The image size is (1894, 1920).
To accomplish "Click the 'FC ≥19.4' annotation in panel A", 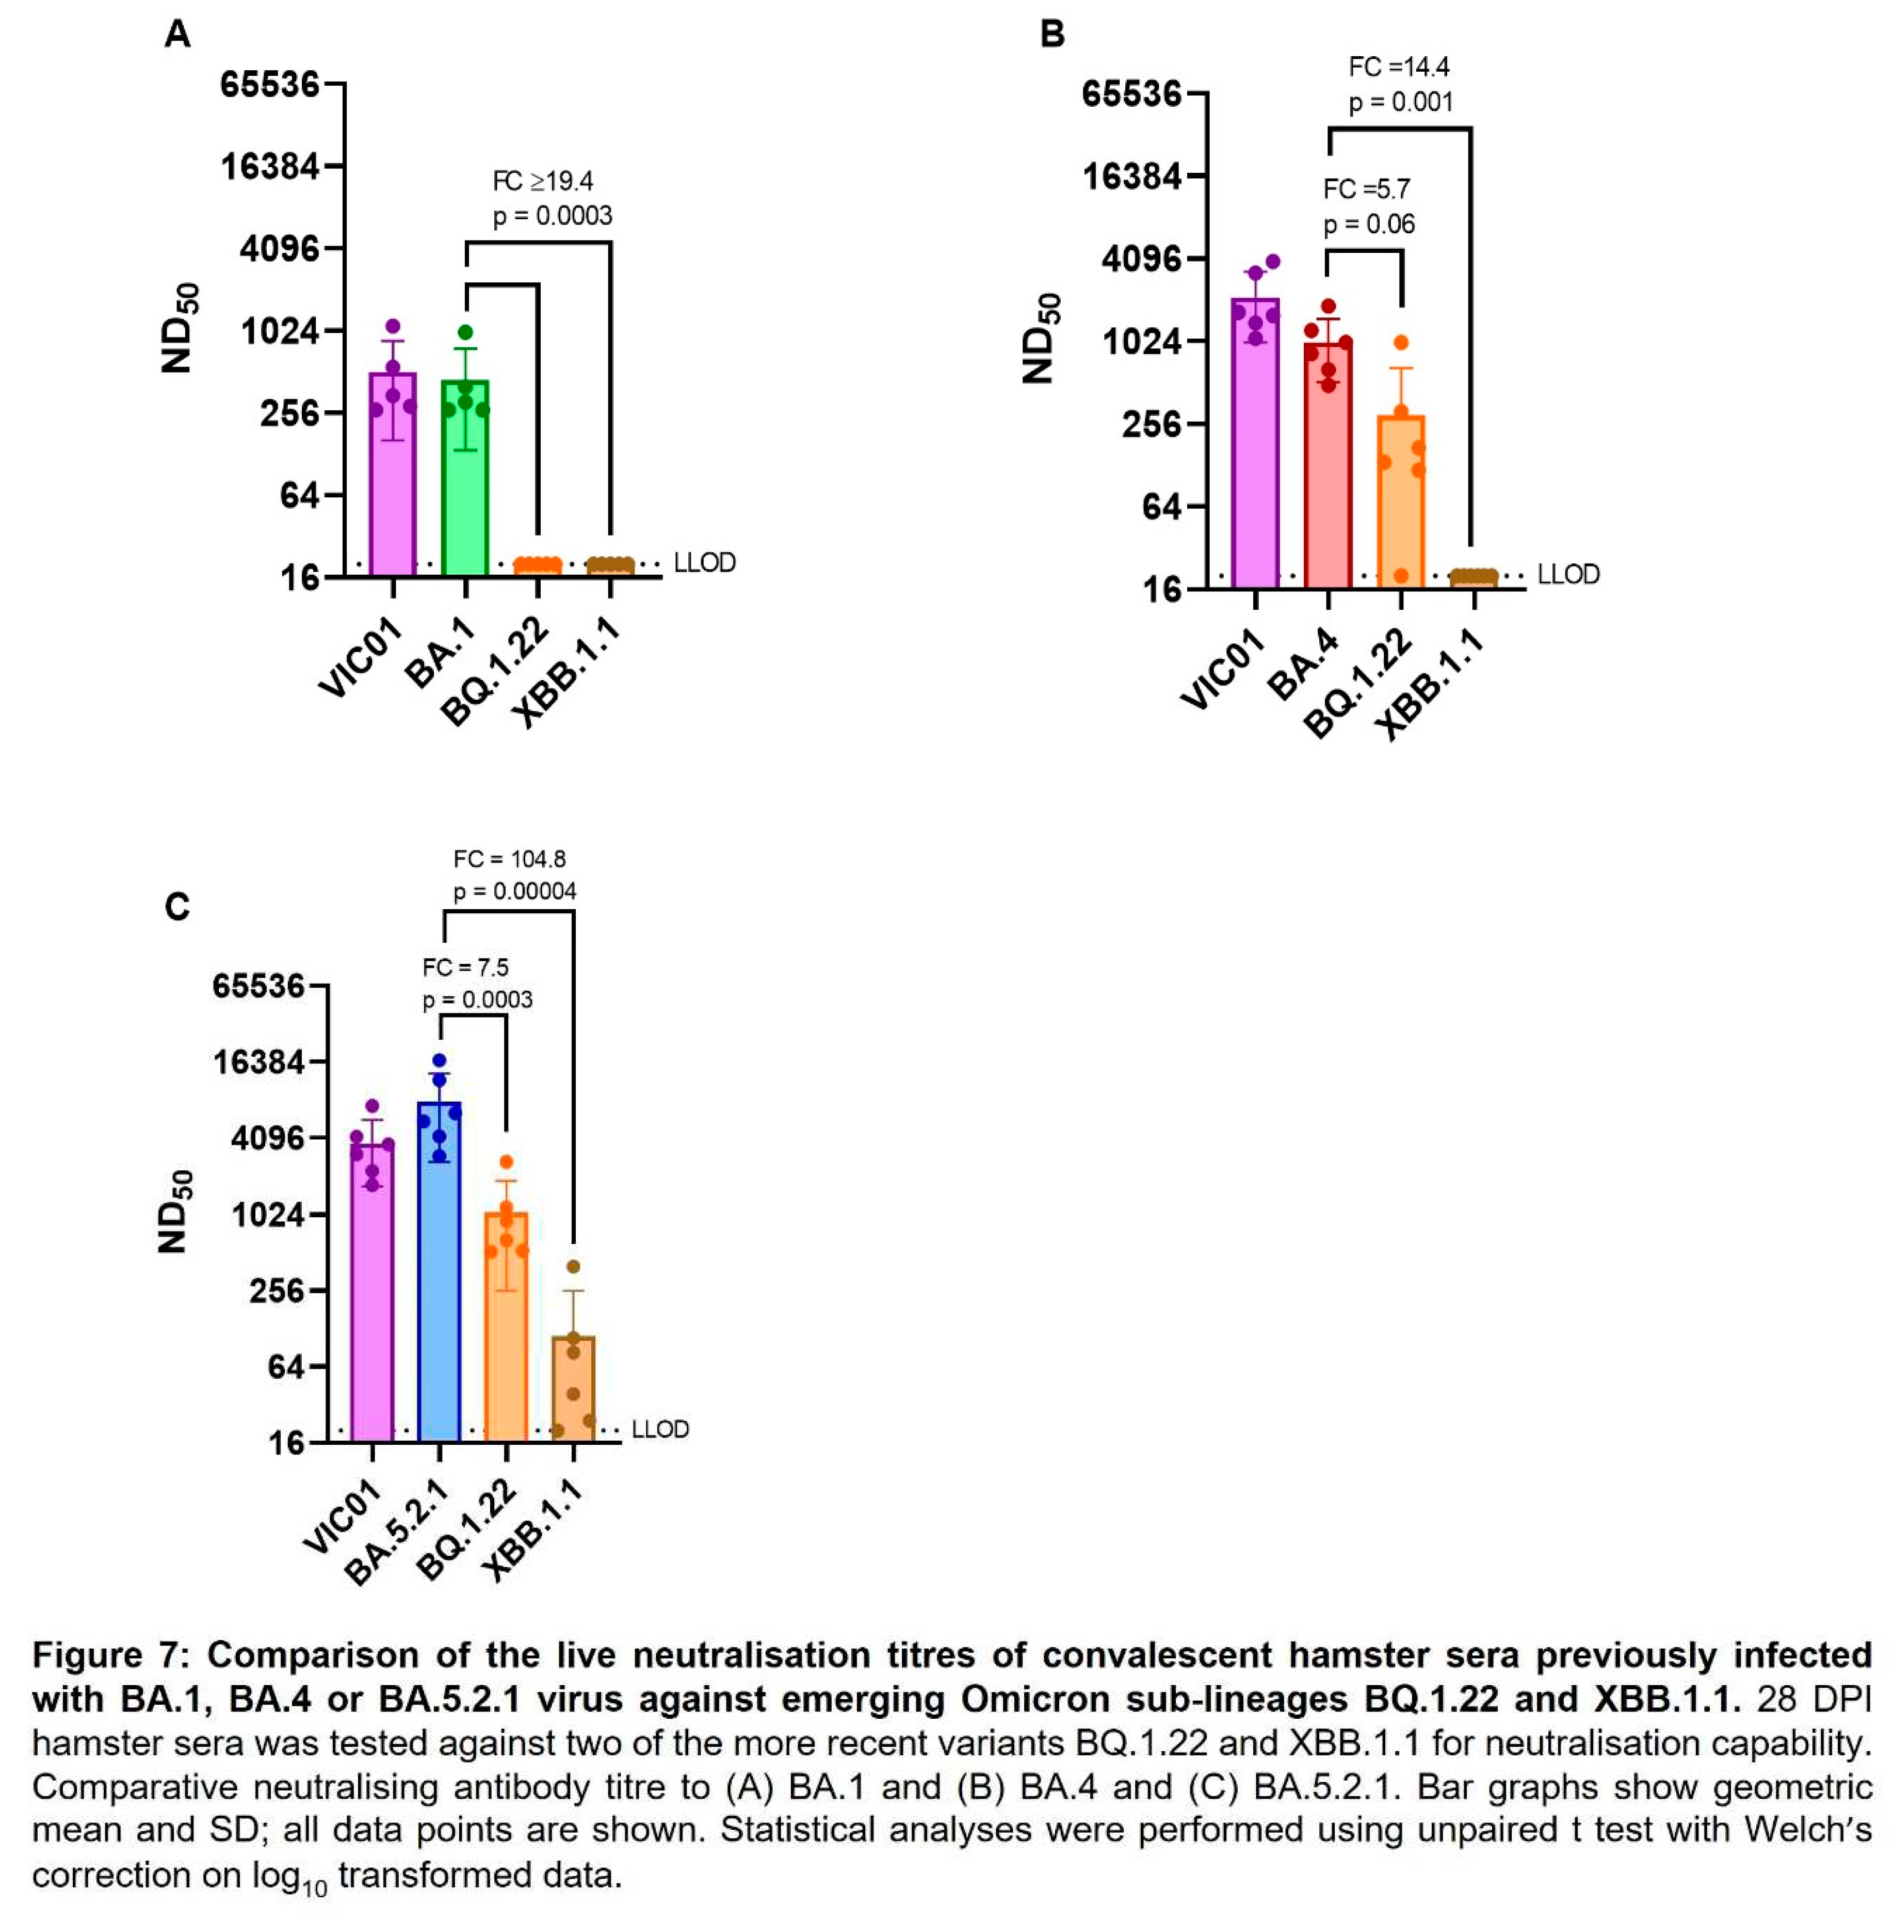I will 543,181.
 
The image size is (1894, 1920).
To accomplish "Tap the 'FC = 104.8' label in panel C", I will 510,859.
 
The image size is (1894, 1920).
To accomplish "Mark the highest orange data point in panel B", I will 1400,343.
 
